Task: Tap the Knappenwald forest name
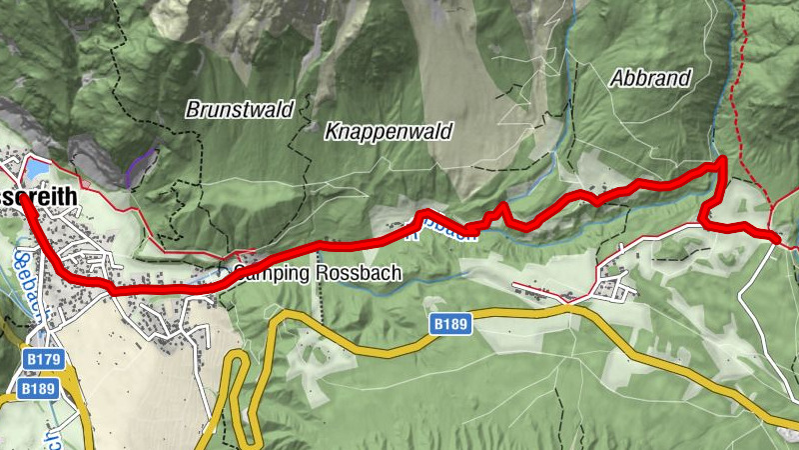click(389, 131)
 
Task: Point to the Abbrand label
click(650, 79)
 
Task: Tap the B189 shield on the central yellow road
click(451, 324)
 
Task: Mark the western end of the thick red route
click(22, 206)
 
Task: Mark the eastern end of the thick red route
click(776, 238)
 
